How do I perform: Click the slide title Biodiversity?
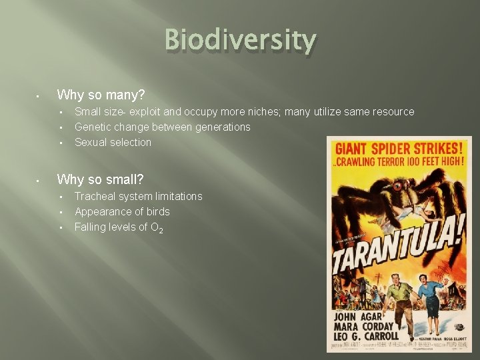click(240, 41)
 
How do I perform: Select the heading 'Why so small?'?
click(100, 179)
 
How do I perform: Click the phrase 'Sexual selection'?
click(113, 142)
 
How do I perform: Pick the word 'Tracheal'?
click(95, 196)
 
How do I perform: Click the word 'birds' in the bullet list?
click(158, 211)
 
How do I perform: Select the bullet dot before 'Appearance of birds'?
click(61, 212)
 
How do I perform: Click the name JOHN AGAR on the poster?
click(364, 317)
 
